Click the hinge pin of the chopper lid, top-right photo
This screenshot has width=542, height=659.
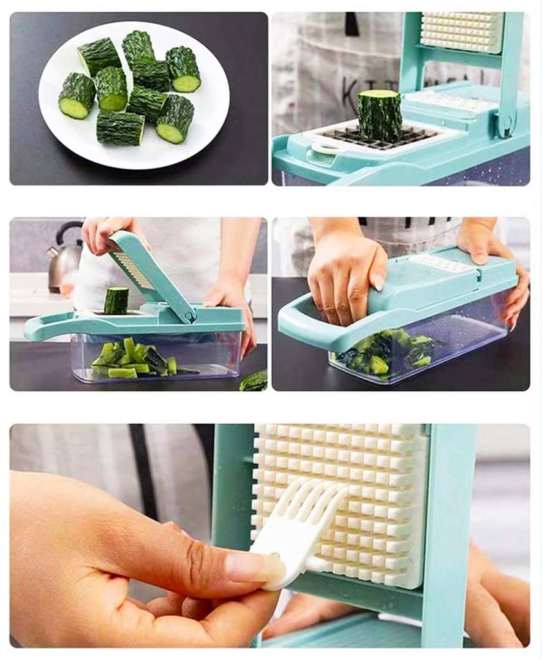pyautogui.click(x=505, y=123)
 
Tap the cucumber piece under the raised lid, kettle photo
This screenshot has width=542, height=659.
pyautogui.click(x=116, y=301)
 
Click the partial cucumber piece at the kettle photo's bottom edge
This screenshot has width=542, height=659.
pyautogui.click(x=255, y=382)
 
